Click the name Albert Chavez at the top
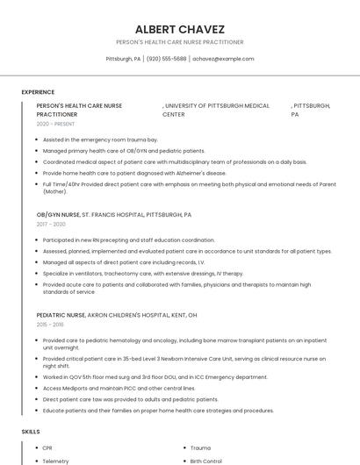pos(179,29)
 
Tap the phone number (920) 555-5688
pos(166,59)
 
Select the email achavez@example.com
pos(223,59)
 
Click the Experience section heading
pos(38,92)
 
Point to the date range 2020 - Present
pos(55,125)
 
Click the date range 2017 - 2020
pos(51,225)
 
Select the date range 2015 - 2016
pos(50,325)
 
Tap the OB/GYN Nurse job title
pos(58,214)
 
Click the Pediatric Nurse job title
pos(61,314)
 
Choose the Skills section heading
pos(31,432)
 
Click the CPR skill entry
pos(47,448)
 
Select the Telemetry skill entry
pos(55,461)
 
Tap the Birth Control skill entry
pos(205,461)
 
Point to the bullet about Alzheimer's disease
pos(134,174)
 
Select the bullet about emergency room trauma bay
pos(100,139)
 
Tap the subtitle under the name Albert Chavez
pos(179,42)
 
